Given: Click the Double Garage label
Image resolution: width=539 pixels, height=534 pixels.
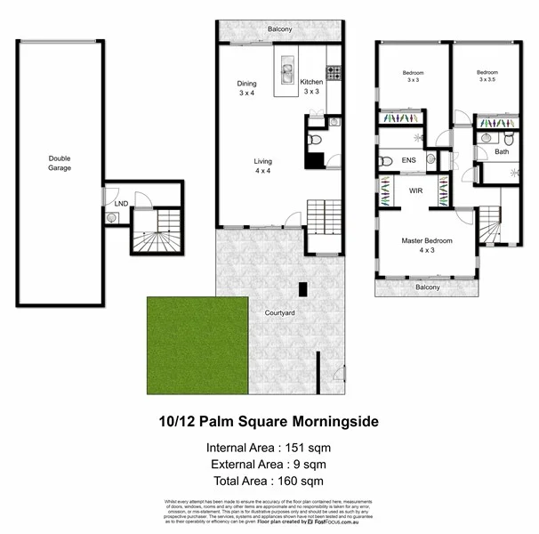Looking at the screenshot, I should tap(60, 163).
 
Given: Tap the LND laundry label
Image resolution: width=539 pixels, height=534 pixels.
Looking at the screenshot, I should tap(121, 204).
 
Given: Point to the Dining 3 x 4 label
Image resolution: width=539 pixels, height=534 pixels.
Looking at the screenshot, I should tap(246, 88).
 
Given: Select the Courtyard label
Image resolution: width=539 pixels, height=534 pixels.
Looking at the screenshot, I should tap(279, 312).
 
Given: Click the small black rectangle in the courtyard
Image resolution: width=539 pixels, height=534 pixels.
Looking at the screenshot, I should tap(303, 288).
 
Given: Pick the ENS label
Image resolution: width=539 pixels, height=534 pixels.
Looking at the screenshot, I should tap(408, 160).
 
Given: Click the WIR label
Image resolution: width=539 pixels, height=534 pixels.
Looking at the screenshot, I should tap(414, 190).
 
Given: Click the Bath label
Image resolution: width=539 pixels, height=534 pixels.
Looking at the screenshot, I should tap(502, 152).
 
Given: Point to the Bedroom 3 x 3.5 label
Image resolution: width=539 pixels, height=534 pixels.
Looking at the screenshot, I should tap(487, 76).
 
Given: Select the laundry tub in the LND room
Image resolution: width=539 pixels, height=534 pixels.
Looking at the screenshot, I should tap(112, 216).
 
